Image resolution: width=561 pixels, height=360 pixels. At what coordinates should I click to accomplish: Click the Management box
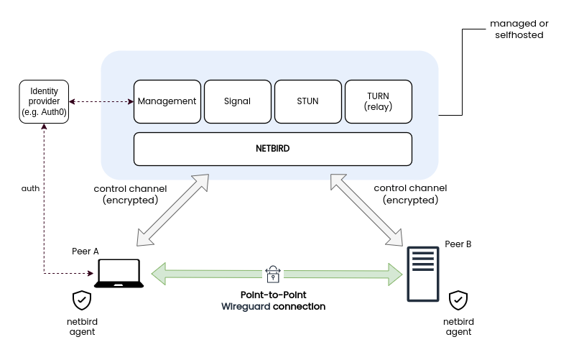coord(167,101)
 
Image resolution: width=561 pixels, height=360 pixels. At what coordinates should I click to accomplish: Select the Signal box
coord(237,101)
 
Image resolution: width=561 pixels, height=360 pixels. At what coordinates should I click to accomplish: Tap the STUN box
coord(307,101)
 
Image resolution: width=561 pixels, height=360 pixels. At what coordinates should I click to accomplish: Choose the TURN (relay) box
coord(378,101)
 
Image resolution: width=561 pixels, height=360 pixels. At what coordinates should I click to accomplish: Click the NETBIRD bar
coord(273,149)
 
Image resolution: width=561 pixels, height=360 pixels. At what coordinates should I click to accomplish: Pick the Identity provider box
coord(44,101)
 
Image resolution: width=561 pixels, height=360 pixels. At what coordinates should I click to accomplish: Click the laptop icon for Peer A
coord(120,274)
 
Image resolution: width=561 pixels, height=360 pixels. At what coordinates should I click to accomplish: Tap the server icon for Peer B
coord(422,274)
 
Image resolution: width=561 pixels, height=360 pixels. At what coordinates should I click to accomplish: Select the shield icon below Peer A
coord(82,300)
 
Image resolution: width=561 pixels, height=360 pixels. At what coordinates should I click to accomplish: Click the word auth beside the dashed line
coord(30,188)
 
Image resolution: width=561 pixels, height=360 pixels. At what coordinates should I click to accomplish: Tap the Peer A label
coord(85,251)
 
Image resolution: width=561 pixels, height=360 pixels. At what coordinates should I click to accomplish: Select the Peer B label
coord(458,244)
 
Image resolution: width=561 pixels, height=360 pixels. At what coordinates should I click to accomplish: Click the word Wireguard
coord(246,306)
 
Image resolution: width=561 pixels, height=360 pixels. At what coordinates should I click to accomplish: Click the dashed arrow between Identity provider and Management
coord(101,101)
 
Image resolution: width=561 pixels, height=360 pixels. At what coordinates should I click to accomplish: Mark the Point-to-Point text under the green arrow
coord(274,295)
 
